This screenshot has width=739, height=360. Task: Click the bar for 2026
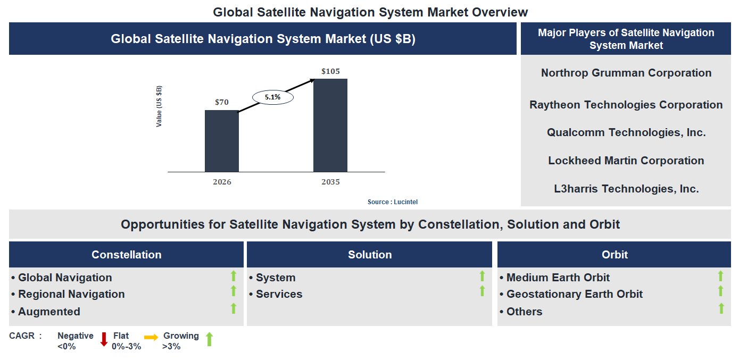[x=222, y=141]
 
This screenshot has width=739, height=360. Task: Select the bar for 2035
[x=330, y=125]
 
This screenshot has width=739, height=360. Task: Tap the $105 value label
[x=330, y=71]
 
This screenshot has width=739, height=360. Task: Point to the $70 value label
[x=222, y=102]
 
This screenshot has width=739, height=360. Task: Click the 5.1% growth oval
[x=272, y=97]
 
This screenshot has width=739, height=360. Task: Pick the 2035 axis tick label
[x=330, y=182]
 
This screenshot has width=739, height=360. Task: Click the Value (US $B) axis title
[x=159, y=106]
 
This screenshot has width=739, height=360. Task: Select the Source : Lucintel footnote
[x=396, y=202]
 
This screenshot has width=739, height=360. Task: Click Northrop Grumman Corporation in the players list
[x=626, y=73]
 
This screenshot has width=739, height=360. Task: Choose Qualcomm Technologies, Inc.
[x=626, y=132]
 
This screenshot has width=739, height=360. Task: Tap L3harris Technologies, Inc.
[x=626, y=188]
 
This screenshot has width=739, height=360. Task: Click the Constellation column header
[x=126, y=255]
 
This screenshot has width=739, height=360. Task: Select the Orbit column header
[x=615, y=255]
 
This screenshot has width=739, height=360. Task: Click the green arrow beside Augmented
[x=233, y=308]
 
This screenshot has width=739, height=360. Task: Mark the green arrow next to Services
[x=482, y=291]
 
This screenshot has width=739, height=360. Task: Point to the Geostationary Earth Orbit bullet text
[x=574, y=294]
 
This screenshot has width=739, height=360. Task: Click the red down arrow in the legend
[x=104, y=339]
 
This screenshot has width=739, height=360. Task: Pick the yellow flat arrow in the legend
[x=151, y=337]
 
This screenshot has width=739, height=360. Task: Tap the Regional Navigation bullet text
[x=71, y=294]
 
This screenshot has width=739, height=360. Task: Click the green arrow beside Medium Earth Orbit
[x=720, y=276]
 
